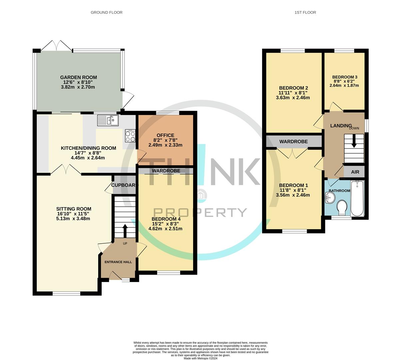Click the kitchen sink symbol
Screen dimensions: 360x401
[108, 120]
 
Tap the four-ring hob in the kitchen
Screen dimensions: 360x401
[130, 136]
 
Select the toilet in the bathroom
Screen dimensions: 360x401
[342, 207]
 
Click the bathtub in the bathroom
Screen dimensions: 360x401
[358, 199]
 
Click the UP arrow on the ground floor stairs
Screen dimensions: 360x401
[125, 230]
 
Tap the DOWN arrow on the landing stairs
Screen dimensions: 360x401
[354, 141]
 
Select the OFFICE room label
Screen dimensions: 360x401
[165, 135]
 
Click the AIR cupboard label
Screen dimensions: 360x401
[355, 172]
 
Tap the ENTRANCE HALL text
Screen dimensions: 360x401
[118, 262]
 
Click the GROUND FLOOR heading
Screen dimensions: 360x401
[107, 12]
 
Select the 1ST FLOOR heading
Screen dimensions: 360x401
[305, 12]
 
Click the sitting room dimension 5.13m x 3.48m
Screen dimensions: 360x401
[74, 219]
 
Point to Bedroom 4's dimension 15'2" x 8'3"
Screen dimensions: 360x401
[165, 224]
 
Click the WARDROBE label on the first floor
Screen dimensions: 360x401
[293, 142]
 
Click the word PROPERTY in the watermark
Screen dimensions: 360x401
[200, 212]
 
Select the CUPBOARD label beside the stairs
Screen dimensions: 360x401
[123, 185]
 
